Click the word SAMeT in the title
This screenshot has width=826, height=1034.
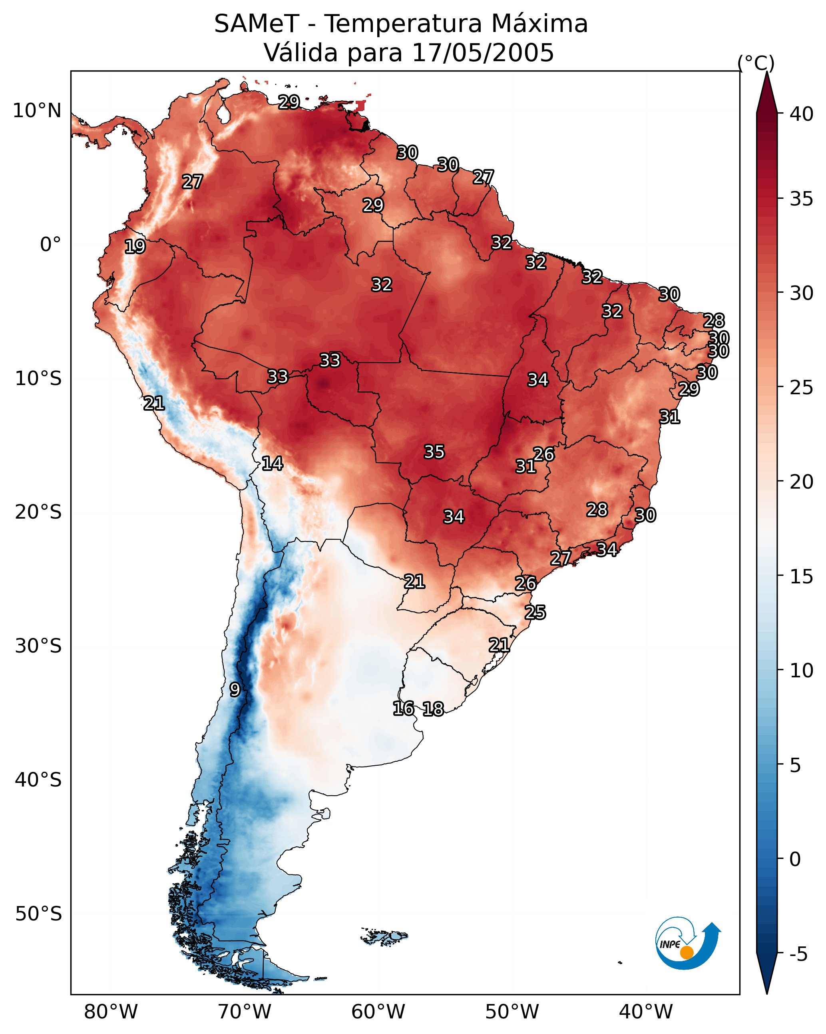257,24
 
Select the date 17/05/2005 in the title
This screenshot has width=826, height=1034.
483,53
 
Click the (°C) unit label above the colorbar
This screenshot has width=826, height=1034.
756,63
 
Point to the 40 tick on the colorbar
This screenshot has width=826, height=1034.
801,114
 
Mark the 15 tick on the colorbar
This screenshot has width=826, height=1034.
801,577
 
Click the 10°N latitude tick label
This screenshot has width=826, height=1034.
37,111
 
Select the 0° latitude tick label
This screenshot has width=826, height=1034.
50,245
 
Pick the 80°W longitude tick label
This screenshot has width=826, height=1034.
111,1012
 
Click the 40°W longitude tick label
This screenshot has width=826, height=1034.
646,1012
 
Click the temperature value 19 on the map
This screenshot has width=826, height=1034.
135,247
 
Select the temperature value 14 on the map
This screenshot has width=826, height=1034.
272,463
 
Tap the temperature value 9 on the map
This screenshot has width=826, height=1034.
235,690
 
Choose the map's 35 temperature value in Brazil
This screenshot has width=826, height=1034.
434,452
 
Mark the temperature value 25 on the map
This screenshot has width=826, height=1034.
535,613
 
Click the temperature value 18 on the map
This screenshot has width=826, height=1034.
433,709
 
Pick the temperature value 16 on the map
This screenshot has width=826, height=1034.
404,709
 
